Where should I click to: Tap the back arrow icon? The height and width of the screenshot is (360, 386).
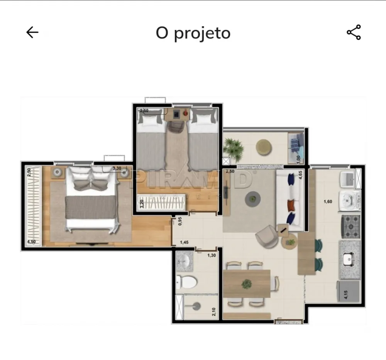point(32,32)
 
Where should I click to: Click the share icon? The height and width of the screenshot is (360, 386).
point(354,32)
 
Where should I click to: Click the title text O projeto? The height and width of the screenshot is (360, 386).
point(193,33)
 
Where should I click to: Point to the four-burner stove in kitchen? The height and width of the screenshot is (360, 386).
point(350,226)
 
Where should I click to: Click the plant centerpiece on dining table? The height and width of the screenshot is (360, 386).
point(246,284)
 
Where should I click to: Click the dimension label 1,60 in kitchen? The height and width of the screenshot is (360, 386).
point(328,201)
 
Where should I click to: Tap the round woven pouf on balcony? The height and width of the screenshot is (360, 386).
point(264,147)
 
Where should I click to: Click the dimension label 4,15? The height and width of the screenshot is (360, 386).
point(346,295)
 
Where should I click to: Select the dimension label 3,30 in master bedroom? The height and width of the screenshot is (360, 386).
point(116,168)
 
